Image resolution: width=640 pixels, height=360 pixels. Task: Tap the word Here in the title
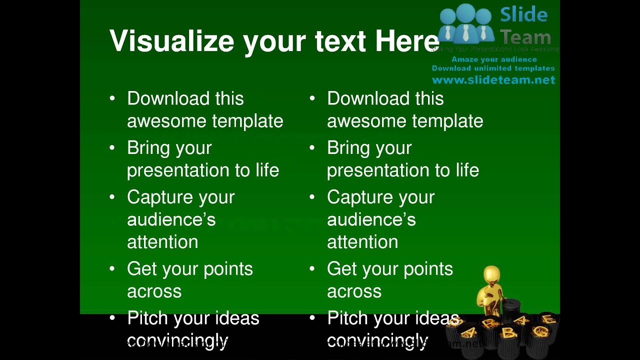point(406,41)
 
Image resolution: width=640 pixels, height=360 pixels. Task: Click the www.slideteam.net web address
point(493,80)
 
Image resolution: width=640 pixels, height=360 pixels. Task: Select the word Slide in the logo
point(523,15)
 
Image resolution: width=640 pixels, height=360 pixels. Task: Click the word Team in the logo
point(525,37)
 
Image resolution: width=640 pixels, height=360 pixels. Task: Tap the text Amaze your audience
point(494,59)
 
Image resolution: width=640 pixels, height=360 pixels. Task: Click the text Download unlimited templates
point(493,68)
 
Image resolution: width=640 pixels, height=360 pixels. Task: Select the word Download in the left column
point(168,98)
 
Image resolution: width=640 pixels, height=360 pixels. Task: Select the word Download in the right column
point(368,98)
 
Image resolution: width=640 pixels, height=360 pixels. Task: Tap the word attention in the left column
point(162,242)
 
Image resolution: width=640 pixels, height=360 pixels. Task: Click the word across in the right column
point(354,291)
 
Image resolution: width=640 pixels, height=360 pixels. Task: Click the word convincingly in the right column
point(377,340)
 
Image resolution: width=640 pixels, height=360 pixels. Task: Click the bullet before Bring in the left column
point(112,147)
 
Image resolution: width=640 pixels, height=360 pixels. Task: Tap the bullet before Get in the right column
point(312,268)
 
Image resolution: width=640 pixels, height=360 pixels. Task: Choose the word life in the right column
point(467,170)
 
